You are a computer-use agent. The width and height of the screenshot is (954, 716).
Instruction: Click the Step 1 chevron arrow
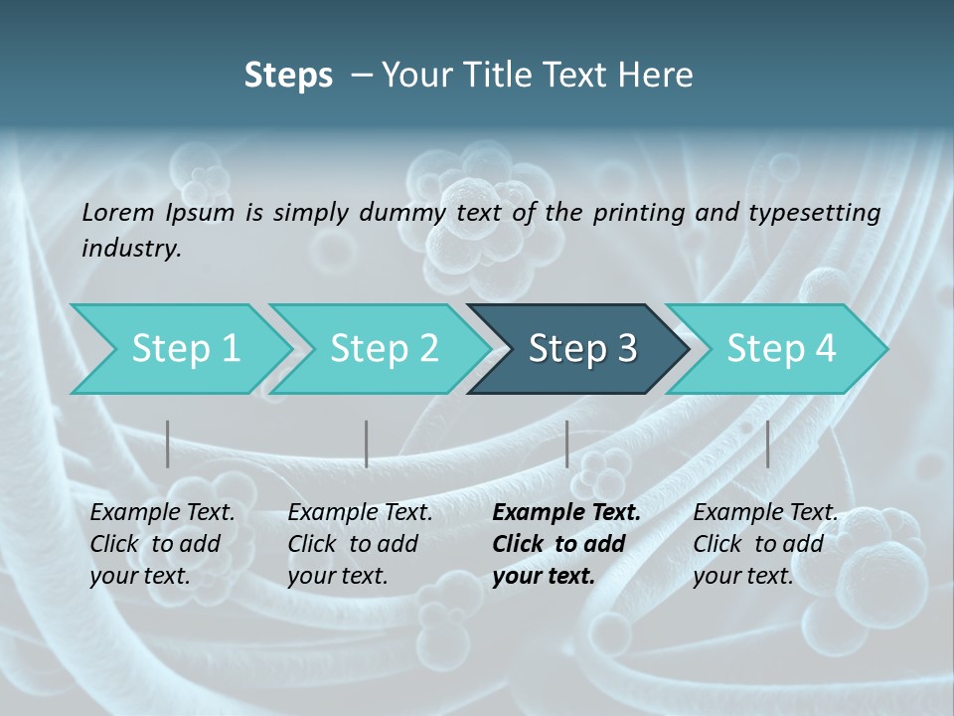click(x=186, y=349)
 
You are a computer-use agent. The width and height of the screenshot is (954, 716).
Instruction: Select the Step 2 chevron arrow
click(x=384, y=349)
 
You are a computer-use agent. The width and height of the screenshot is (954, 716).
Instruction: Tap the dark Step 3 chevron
click(x=582, y=349)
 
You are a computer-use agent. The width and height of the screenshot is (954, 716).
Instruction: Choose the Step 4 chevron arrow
click(x=781, y=349)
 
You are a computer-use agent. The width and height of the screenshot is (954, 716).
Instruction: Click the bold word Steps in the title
click(x=288, y=76)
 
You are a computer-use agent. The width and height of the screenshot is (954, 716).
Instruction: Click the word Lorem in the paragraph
click(x=118, y=212)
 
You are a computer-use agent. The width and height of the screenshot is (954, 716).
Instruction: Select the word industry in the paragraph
click(x=131, y=249)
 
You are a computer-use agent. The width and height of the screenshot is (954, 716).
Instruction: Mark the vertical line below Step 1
click(x=168, y=444)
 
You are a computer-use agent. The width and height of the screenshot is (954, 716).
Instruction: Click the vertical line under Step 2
click(x=367, y=444)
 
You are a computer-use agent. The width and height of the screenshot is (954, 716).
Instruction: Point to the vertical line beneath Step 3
click(x=566, y=444)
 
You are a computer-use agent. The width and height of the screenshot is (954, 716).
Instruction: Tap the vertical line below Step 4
click(x=767, y=444)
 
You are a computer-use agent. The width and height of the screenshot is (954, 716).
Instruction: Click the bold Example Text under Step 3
click(x=566, y=513)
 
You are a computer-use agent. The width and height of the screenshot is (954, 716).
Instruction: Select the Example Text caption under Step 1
click(x=163, y=513)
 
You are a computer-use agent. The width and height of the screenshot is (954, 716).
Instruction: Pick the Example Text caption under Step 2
click(x=361, y=513)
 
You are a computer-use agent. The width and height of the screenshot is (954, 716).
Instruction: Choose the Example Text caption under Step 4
click(x=766, y=513)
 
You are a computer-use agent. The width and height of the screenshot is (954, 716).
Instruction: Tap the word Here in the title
click(x=660, y=76)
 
